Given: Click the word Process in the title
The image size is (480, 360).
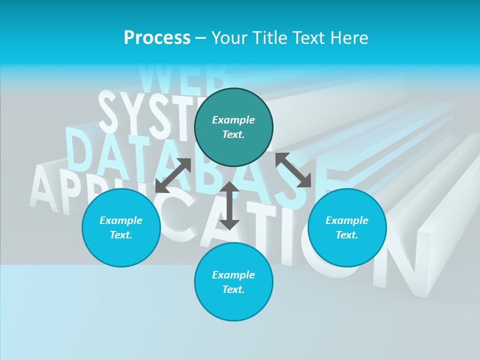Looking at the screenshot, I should tap(157, 38).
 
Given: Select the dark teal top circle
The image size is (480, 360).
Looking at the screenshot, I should tap(233, 145).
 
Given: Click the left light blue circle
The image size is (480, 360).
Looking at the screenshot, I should tap(121, 245).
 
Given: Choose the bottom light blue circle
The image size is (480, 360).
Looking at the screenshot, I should tap(233, 305).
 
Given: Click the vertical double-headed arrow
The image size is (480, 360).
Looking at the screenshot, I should tap(229, 205).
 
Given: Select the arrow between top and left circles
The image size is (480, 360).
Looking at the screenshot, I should tap(173, 175).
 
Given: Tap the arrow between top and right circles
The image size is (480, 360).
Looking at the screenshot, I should tap(293, 170).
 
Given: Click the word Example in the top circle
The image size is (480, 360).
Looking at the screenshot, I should tap(233, 120).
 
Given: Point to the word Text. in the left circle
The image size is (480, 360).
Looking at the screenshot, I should tap(121, 235).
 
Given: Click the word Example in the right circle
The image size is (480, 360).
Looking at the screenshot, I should tap(347, 220).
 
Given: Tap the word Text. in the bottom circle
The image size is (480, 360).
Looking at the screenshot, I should tap(233, 289).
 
